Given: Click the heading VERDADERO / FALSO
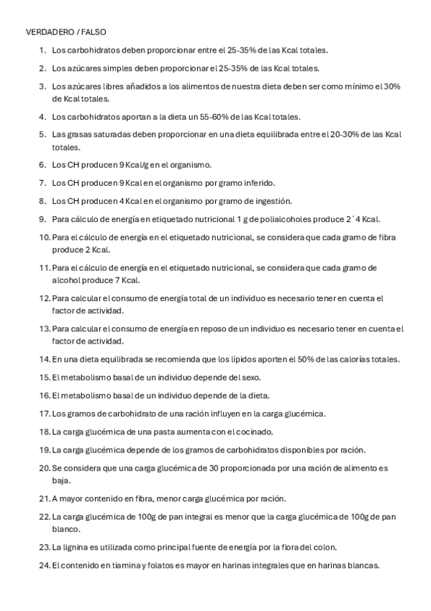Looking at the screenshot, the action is (x=65, y=33).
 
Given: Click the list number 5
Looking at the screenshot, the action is (x=42, y=134).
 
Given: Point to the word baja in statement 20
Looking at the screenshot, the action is (x=61, y=480).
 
